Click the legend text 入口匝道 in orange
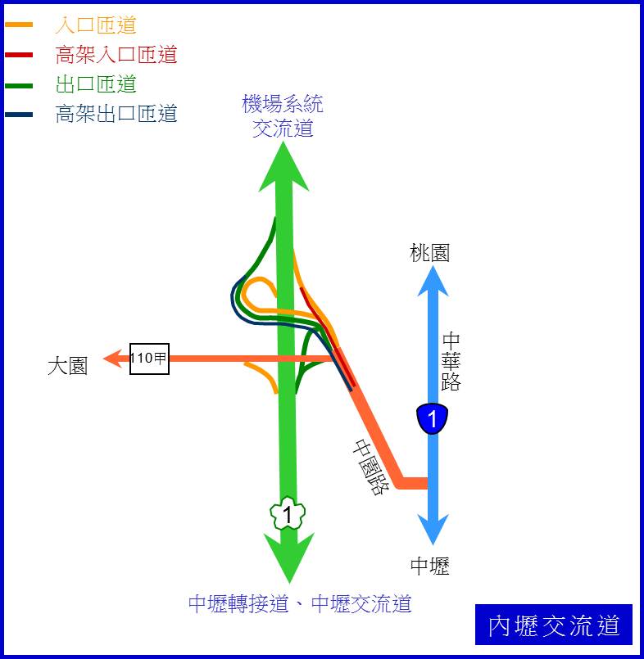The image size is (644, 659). click(96, 25)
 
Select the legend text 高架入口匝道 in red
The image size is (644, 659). click(116, 55)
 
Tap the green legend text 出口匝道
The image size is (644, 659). click(96, 84)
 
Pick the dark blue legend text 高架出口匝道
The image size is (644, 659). click(116, 114)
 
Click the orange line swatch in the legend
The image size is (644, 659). click(19, 25)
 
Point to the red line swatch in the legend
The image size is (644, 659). click(19, 55)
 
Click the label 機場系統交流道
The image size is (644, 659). click(283, 116)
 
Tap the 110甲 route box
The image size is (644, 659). click(149, 359)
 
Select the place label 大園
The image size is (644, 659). click(67, 366)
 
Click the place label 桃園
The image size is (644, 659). click(429, 253)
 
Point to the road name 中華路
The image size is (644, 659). click(451, 362)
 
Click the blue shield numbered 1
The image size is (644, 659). click(432, 418)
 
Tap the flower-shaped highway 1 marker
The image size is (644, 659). click(288, 513)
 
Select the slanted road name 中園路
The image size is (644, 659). click(370, 467)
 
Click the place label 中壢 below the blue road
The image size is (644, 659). click(429, 566)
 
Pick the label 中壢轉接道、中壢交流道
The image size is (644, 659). click(300, 604)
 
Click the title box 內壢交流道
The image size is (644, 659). click(554, 625)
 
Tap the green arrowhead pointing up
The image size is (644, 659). click(283, 168)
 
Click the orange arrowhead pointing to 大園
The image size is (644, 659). click(113, 359)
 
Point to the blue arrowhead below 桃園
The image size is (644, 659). click(433, 282)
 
